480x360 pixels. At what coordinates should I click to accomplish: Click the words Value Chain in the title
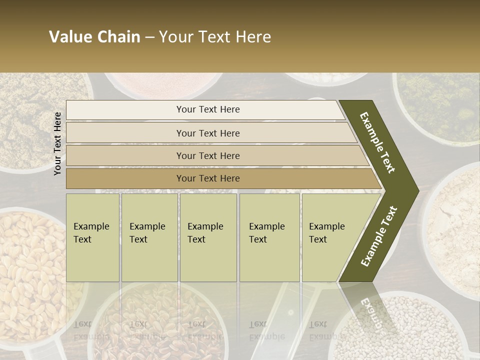point(94,37)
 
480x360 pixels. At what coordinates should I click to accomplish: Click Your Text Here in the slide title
point(215,37)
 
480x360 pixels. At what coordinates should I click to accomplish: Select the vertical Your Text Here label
point(57,143)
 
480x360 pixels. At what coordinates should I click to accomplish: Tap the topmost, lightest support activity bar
point(207,109)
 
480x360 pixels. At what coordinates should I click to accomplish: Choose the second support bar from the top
point(207,133)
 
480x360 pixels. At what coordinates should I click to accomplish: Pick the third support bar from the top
point(207,155)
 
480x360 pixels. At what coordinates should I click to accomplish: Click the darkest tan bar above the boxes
point(207,178)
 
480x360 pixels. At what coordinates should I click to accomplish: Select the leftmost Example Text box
point(92,237)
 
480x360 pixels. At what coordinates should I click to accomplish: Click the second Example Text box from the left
point(149,237)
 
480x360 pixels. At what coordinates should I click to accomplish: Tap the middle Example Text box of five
point(208,237)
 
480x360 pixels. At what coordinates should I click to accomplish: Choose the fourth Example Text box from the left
point(269,237)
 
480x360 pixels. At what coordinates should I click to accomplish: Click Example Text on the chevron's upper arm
point(378,142)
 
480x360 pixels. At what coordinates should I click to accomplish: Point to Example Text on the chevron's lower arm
point(379,236)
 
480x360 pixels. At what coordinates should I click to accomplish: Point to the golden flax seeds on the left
point(30,265)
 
